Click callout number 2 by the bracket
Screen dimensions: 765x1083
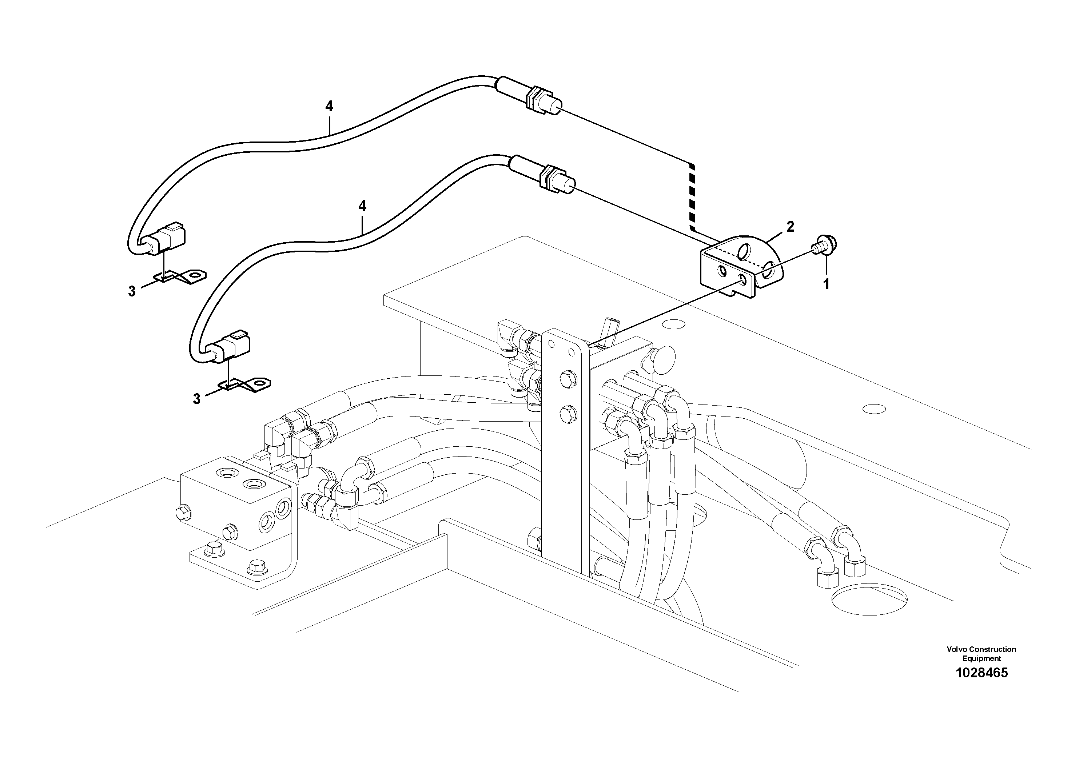pos(790,227)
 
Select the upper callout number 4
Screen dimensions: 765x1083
pos(329,107)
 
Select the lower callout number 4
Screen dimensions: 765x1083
pos(362,206)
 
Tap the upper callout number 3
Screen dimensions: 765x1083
pos(132,291)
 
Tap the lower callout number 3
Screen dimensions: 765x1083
pos(197,399)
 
